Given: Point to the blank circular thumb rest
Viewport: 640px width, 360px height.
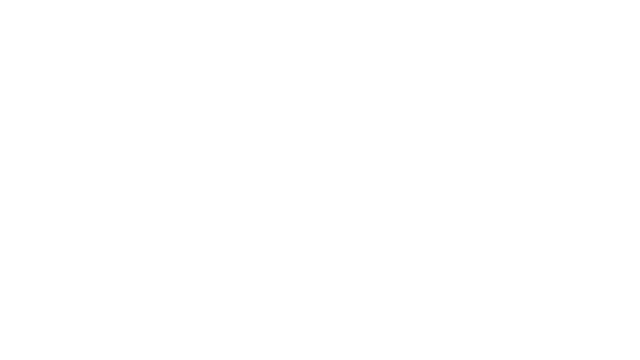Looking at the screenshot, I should click(498, 191).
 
